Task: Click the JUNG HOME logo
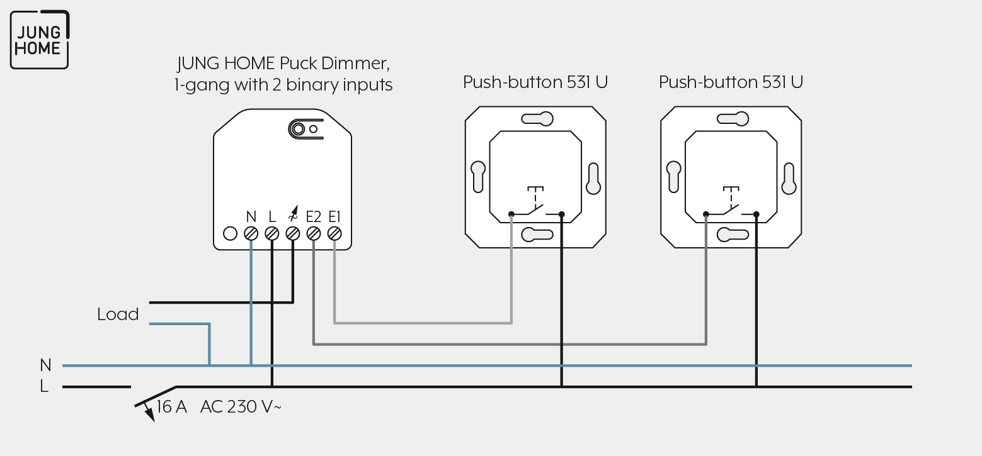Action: pyautogui.click(x=40, y=40)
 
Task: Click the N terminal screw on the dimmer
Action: pyautogui.click(x=251, y=234)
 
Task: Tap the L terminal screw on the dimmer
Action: pyautogui.click(x=272, y=234)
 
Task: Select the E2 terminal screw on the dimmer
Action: pyautogui.click(x=314, y=234)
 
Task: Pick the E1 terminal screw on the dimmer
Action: pyautogui.click(x=334, y=234)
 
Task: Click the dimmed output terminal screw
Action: pyautogui.click(x=293, y=234)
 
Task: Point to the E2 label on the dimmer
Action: pyautogui.click(x=314, y=216)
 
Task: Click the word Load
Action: pyautogui.click(x=118, y=314)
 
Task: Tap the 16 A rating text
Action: pyautogui.click(x=172, y=406)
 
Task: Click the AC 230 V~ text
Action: pyautogui.click(x=241, y=406)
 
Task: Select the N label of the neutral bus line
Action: pyautogui.click(x=45, y=365)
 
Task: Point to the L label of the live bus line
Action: pyautogui.click(x=44, y=386)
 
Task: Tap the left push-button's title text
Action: pyautogui.click(x=535, y=82)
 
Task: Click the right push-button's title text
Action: pyautogui.click(x=731, y=82)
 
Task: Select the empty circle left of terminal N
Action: pyautogui.click(x=230, y=234)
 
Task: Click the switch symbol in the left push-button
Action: pyautogui.click(x=536, y=202)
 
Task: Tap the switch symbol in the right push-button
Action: pyautogui.click(x=731, y=202)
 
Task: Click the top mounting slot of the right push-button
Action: pyautogui.click(x=733, y=119)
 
